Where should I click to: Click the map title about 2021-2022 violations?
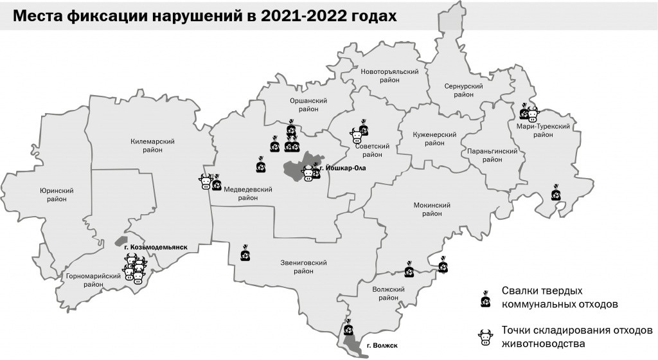coord(204,17)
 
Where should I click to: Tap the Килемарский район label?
coord(153,145)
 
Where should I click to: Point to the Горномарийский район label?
coord(94,280)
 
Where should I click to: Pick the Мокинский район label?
coord(431,210)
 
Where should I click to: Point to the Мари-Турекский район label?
coord(543,130)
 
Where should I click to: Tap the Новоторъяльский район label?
coord(389,76)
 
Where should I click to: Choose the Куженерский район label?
coord(434,139)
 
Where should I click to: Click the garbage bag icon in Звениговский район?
coord(245,254)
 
